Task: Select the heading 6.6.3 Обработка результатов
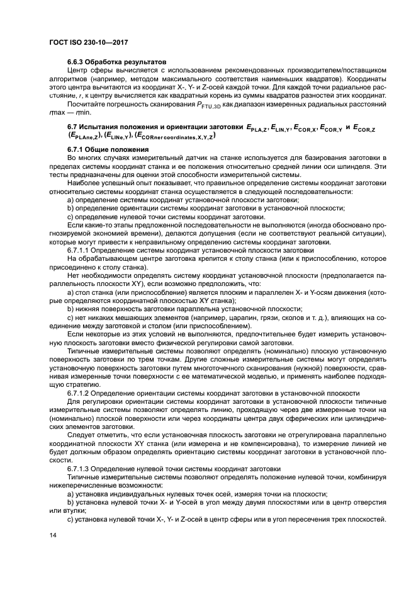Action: [x=116, y=62]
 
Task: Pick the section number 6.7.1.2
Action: [x=80, y=392]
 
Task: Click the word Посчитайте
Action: [x=87, y=104]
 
